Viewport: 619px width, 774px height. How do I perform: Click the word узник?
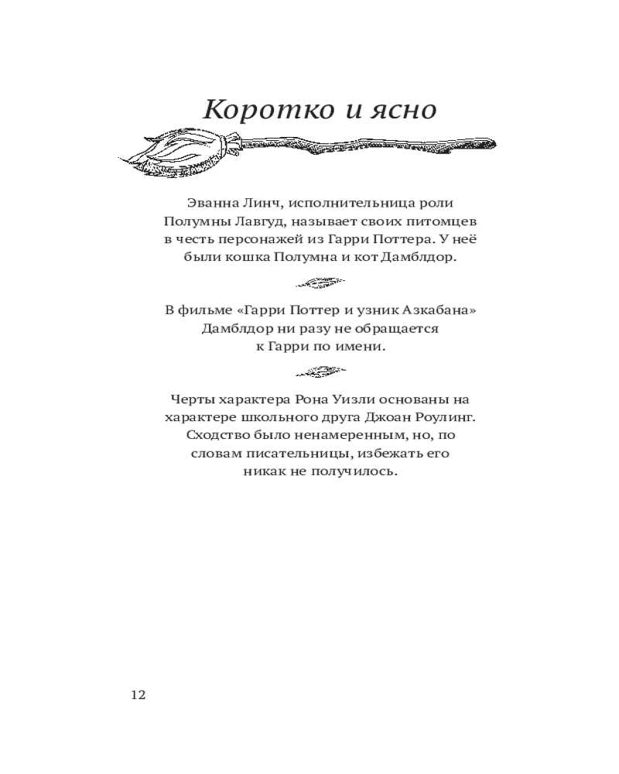pos(372,310)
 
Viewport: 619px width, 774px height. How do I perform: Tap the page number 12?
pos(138,694)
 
